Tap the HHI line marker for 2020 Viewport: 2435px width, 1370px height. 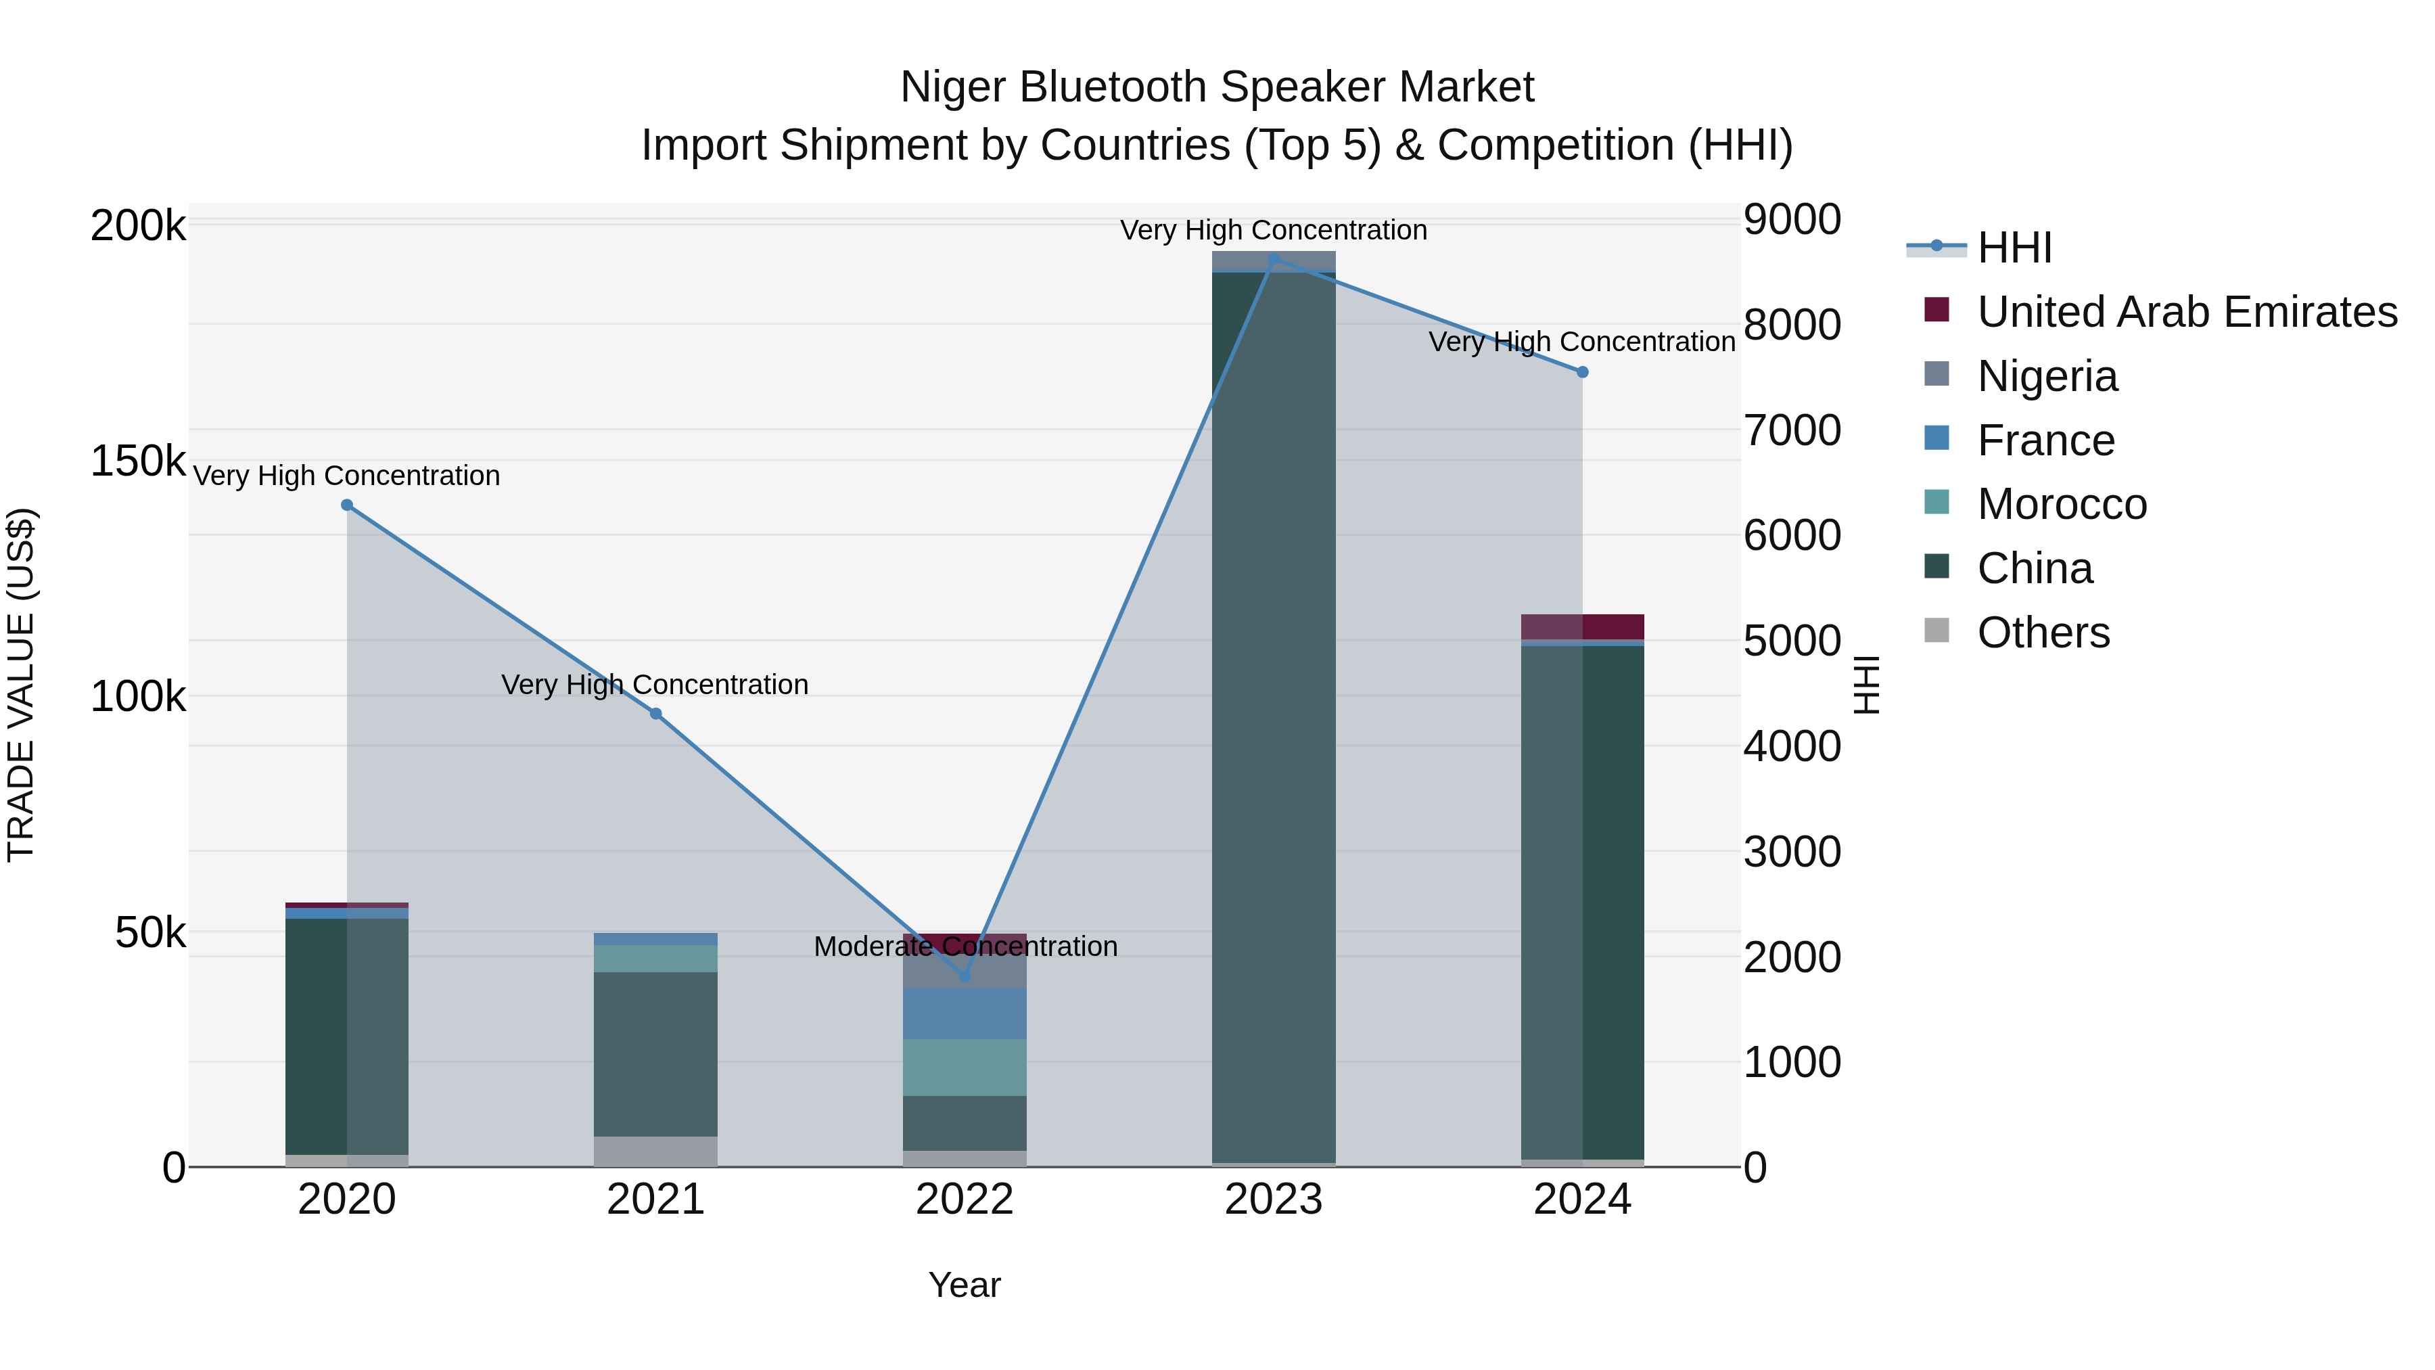click(x=347, y=505)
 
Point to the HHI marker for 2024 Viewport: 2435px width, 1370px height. click(x=1582, y=371)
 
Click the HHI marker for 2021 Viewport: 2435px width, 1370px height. click(x=656, y=714)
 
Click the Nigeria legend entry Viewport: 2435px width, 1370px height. click(x=2047, y=376)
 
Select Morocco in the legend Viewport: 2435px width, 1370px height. click(x=2062, y=504)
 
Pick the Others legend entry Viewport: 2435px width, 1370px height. click(x=2043, y=633)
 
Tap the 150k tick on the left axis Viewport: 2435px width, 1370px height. click(x=138, y=461)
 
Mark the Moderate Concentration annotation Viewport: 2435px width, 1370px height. click(x=965, y=946)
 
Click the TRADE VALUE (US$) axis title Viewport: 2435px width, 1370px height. click(x=21, y=685)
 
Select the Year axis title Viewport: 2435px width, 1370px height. click(x=964, y=1285)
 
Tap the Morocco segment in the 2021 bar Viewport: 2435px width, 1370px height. click(x=656, y=959)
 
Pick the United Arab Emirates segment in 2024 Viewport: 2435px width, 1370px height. click(x=1582, y=627)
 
